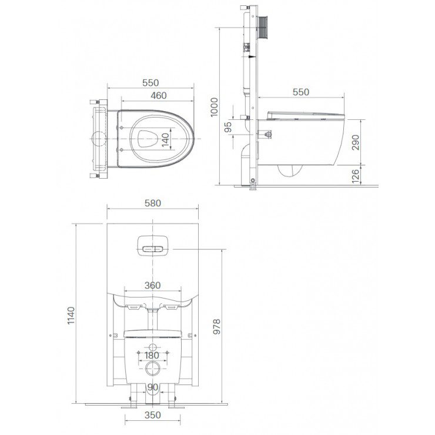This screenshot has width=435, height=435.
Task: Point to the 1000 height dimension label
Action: pos(215,106)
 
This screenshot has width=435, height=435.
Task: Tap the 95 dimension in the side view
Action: pos(229,126)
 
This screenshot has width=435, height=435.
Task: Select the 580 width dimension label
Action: pos(152,203)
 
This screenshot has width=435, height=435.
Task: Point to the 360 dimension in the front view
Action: pos(152,286)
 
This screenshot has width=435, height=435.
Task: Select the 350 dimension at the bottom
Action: pos(152,415)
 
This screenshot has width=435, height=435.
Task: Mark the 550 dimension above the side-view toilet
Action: pos(300,92)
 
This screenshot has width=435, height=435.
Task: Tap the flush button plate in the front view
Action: pos(152,245)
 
